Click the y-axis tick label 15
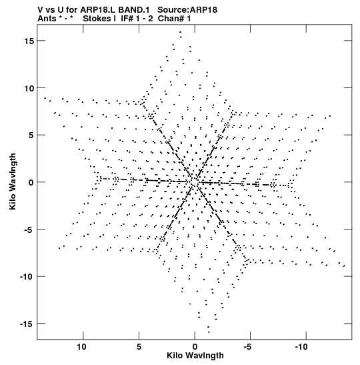(x=29, y=41)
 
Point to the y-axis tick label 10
(x=29, y=89)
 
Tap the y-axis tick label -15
(x=27, y=324)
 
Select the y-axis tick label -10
(x=27, y=277)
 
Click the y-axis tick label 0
(x=31, y=183)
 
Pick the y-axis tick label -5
(x=29, y=230)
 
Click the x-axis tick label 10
(x=81, y=347)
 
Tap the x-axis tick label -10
(x=301, y=347)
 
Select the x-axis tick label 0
(x=195, y=347)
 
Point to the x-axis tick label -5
(x=248, y=347)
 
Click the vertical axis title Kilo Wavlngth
(x=13, y=181)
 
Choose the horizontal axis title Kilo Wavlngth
(x=195, y=356)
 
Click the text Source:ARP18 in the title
(x=187, y=10)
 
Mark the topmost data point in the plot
(x=180, y=32)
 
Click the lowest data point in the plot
(x=209, y=332)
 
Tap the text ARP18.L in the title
(x=98, y=10)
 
